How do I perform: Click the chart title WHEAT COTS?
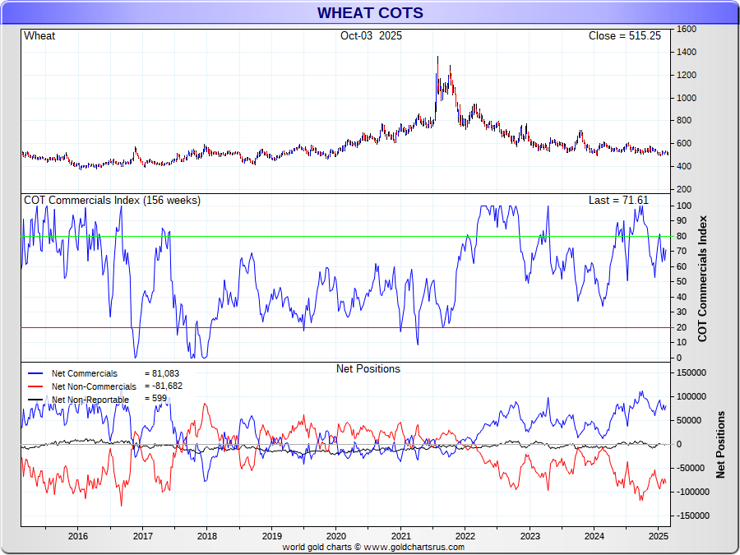[370, 13]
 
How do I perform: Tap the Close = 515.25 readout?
[625, 36]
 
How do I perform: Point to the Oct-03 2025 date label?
[371, 36]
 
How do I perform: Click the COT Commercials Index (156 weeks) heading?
[112, 200]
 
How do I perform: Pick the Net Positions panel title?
[368, 369]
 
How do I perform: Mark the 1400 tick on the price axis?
[687, 52]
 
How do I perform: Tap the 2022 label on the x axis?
[465, 537]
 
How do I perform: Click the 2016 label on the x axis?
[78, 537]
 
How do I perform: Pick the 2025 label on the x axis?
[659, 537]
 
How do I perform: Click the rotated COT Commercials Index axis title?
[703, 279]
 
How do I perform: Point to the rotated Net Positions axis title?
[721, 444]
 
